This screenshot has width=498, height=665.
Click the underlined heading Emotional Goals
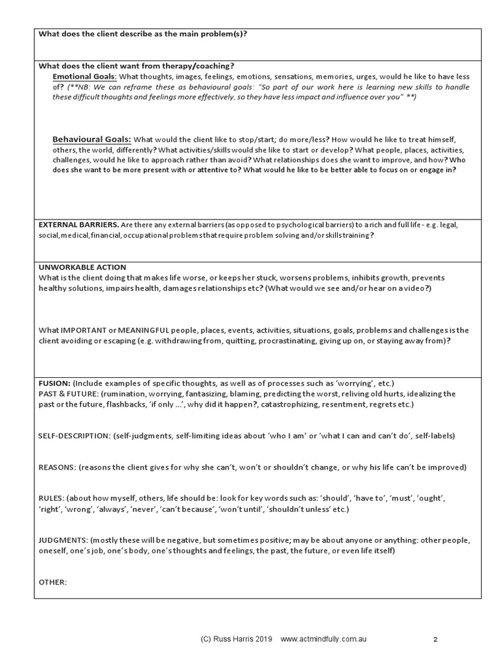point(84,77)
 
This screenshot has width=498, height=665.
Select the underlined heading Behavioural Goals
point(91,139)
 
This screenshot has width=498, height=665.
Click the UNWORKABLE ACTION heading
point(82,267)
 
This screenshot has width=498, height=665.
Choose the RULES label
point(51,498)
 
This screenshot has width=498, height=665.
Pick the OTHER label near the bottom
point(53,582)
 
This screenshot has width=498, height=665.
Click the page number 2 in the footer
point(435,640)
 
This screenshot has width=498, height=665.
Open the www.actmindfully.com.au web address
point(324,639)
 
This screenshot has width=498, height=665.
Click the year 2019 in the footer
point(265,639)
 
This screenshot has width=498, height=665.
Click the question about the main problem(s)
point(143,34)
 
